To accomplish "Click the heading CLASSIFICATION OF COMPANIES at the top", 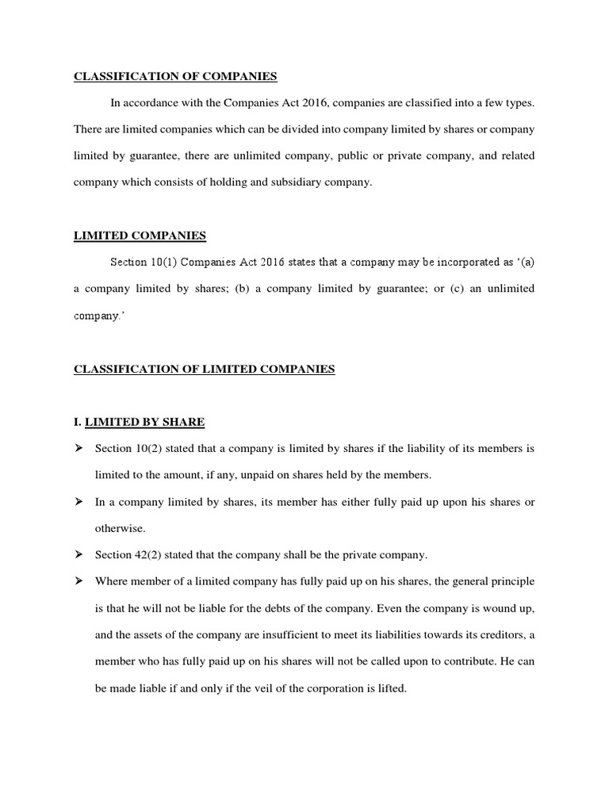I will (175, 77).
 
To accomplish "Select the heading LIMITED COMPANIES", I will (140, 236).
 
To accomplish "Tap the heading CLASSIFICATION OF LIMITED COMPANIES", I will (205, 369).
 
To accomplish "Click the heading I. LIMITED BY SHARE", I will (140, 421).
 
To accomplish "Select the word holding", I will (231, 182).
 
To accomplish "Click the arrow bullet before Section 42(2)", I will (79, 554).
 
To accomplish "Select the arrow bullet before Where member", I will (79, 581).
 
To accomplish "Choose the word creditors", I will (498, 635).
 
